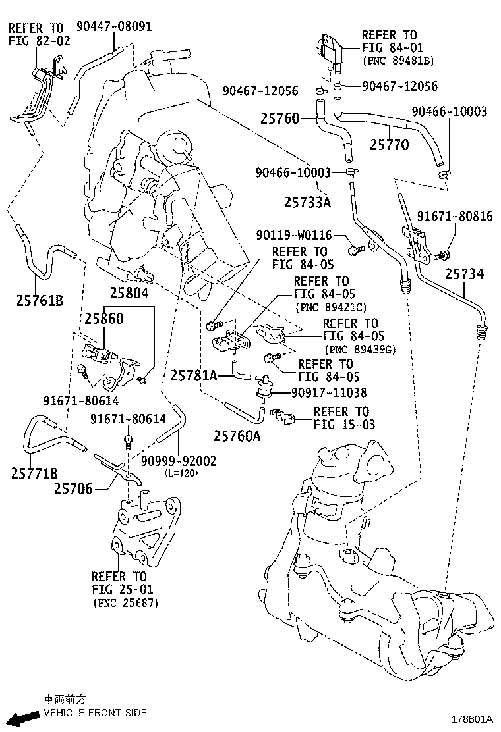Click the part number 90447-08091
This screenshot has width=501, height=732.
(x=114, y=27)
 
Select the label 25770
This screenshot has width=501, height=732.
(x=389, y=145)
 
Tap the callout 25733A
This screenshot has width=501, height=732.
(x=307, y=203)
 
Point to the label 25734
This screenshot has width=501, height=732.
(x=464, y=273)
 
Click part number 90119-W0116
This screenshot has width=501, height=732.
(x=295, y=235)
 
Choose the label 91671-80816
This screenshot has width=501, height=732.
(x=455, y=217)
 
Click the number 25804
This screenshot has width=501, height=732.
(x=129, y=294)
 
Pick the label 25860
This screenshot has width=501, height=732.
(x=103, y=318)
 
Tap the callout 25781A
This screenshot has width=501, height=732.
(x=194, y=375)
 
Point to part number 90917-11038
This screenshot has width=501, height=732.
(x=329, y=392)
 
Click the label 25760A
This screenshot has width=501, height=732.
(x=237, y=434)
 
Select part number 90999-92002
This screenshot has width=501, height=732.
(x=179, y=461)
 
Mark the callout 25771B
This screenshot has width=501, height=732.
(x=34, y=472)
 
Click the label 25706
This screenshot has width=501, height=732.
(x=73, y=488)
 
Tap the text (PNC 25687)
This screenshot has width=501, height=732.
(x=125, y=602)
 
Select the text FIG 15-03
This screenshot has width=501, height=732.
(x=344, y=425)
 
